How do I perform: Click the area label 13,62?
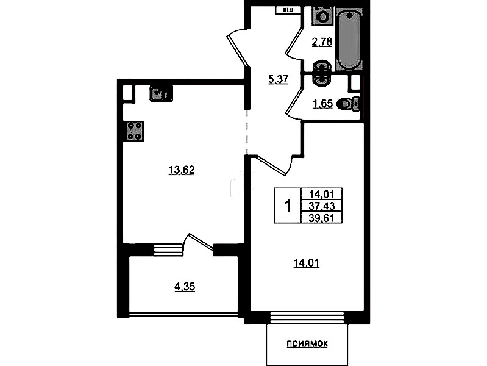[182, 170]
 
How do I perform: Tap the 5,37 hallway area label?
[279, 80]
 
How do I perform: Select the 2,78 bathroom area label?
[322, 41]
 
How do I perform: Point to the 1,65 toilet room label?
[322, 104]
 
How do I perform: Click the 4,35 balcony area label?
[185, 286]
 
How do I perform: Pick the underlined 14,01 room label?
[307, 263]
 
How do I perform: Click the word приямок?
[307, 343]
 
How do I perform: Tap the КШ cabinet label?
[288, 10]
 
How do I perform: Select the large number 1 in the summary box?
[288, 206]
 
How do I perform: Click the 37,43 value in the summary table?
[321, 206]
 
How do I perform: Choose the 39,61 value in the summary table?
[321, 218]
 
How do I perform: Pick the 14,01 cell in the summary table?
[321, 195]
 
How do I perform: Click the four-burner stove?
[135, 131]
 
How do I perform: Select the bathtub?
[349, 40]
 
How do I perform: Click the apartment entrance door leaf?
[238, 51]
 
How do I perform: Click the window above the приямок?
[307, 317]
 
